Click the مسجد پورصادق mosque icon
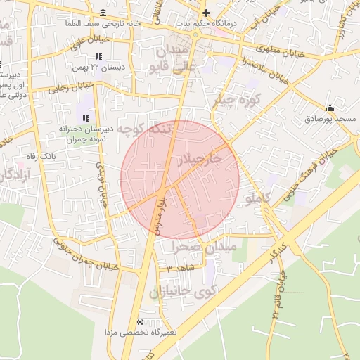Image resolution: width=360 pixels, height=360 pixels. coord(330,108)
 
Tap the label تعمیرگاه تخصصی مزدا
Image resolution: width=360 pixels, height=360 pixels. coord(141,331)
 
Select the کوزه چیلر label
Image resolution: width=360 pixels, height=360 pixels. coord(236,101)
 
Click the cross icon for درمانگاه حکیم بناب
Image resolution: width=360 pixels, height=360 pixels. coord(206,13)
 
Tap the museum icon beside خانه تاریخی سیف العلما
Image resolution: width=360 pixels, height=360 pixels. coord(103,13)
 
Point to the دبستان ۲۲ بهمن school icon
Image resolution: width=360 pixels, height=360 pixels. coord(98,56)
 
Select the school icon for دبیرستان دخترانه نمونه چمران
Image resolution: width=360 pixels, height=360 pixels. coord(86,118)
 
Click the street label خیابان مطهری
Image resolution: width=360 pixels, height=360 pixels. coord(284,53)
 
